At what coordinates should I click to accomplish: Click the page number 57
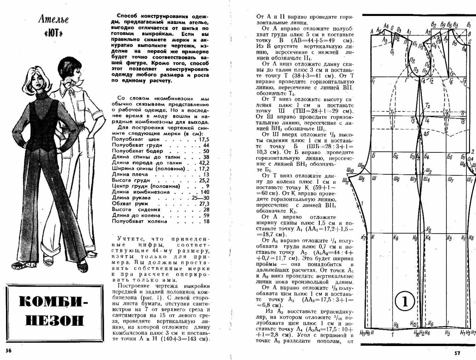[x=457, y=353]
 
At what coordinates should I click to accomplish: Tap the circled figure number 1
[x=405, y=301]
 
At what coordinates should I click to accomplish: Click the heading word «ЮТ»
[x=53, y=34]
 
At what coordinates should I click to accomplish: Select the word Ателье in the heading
[x=53, y=19]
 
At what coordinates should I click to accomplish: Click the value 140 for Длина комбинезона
[x=204, y=192]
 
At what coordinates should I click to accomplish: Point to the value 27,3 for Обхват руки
[x=203, y=204]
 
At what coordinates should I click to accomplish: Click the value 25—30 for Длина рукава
[x=200, y=198]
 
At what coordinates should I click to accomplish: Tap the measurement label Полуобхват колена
[x=139, y=221]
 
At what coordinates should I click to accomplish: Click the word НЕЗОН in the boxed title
[x=55, y=320]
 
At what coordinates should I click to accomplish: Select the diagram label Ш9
[x=396, y=180]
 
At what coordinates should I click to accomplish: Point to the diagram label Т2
[x=427, y=106]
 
